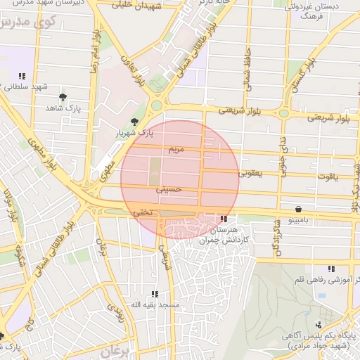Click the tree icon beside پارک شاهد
pos(64,96)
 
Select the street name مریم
pos(176,150)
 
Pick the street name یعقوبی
pos(250,172)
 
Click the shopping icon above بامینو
pos(300,209)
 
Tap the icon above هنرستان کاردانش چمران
pos(224,219)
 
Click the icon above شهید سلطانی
pos(22,76)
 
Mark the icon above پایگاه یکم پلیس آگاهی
pos(319,324)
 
